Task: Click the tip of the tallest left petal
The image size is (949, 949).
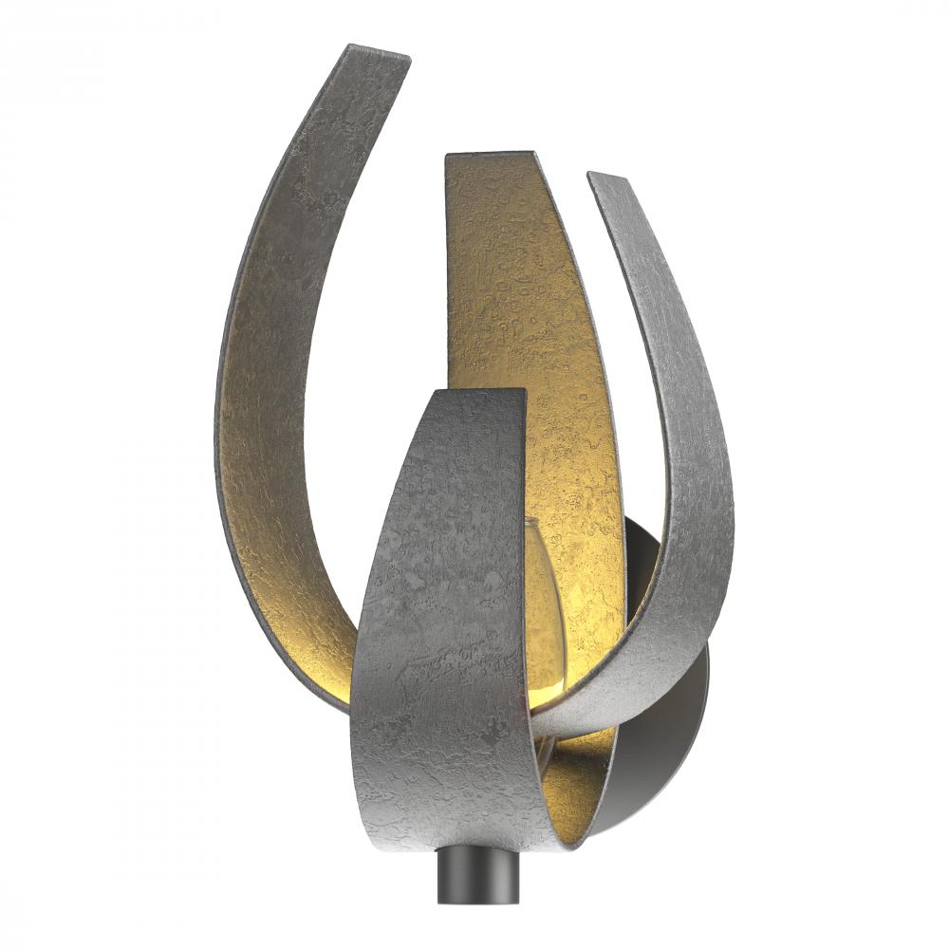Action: pyautogui.click(x=378, y=50)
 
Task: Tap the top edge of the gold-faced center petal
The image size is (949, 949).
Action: pyautogui.click(x=489, y=154)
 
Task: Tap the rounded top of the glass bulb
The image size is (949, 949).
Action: pyautogui.click(x=537, y=525)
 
